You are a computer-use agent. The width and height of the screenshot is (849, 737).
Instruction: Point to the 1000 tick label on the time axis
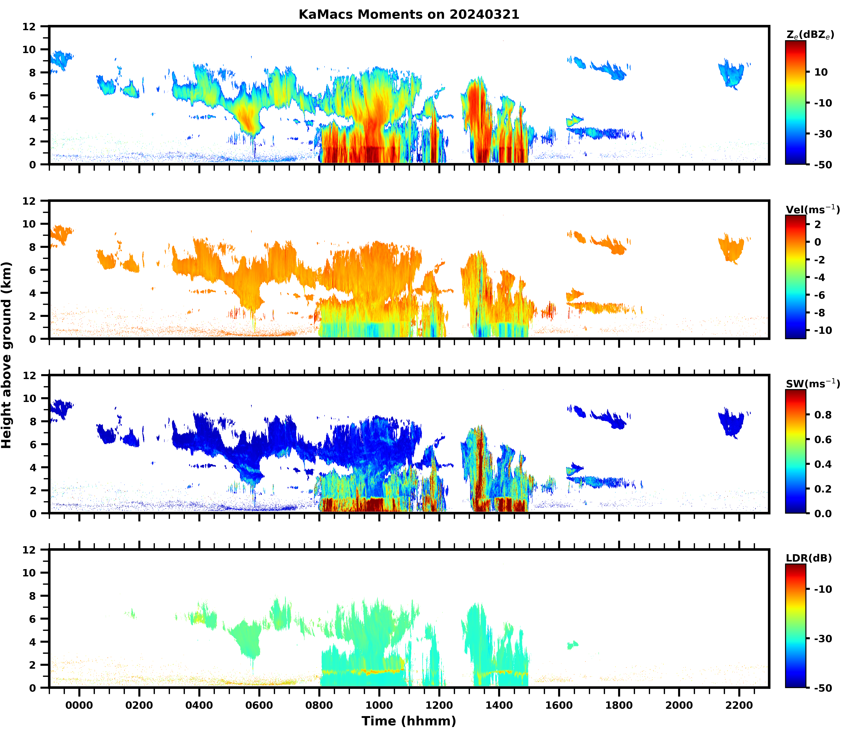379,705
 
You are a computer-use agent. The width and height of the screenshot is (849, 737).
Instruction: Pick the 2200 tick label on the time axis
739,705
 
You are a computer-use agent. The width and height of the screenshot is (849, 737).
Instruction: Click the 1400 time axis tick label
499,705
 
